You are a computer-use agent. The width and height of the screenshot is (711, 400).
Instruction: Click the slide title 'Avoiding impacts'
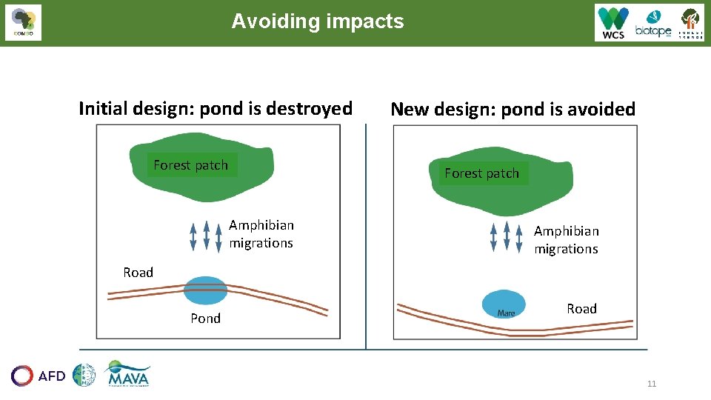318,21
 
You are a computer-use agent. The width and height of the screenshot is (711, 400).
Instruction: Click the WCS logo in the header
614,23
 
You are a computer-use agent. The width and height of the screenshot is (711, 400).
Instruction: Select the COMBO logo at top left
23,23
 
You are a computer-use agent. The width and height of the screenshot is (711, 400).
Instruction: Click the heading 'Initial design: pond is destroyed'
216,109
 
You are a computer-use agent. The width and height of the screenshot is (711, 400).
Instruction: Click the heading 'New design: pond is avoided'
513,110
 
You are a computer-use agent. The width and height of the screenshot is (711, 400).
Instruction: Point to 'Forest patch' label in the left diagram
191,165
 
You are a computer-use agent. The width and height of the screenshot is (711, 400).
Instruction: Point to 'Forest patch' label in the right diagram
482,173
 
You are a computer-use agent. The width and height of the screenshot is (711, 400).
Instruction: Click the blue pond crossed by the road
205,290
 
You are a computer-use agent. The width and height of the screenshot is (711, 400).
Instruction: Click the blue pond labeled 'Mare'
504,304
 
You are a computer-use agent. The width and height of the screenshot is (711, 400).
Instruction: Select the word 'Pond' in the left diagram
205,319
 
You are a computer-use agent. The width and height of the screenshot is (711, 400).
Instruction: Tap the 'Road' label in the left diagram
138,273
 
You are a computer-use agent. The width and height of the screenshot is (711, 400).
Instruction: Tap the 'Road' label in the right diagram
581,309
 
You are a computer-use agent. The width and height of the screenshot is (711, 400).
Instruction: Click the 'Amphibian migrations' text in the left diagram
261,234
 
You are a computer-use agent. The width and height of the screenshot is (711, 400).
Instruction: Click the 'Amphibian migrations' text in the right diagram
567,240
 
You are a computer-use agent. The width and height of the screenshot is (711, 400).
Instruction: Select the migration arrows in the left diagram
206,236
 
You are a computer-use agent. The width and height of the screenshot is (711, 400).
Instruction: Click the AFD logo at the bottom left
39,376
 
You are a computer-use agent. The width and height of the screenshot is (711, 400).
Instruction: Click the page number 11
652,384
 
